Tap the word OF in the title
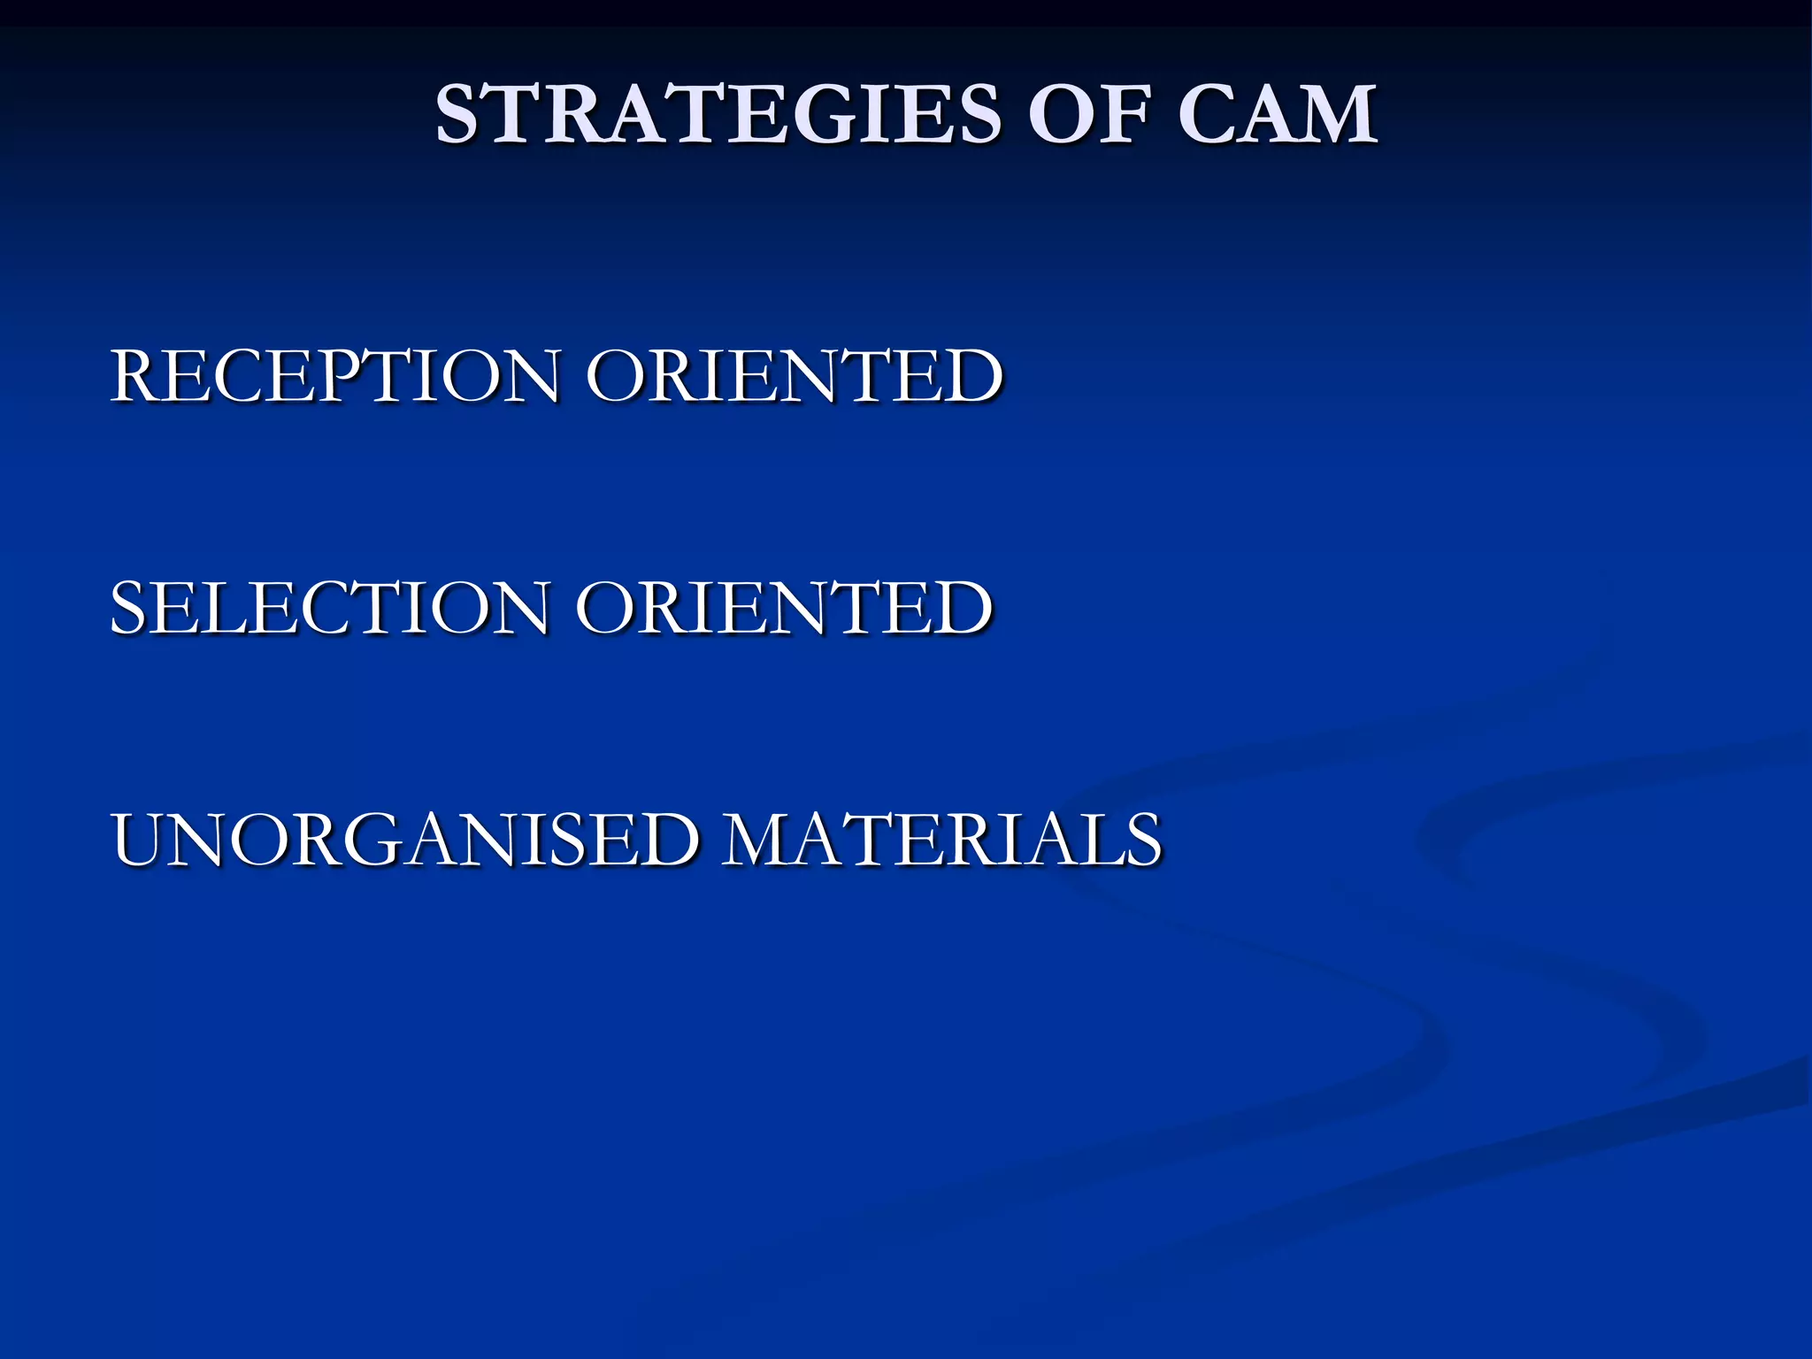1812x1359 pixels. pos(1088,115)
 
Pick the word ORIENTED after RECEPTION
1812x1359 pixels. pos(794,376)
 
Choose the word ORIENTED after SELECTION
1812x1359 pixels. pos(784,608)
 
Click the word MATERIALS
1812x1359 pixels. pos(941,840)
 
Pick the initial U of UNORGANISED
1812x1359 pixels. pos(143,840)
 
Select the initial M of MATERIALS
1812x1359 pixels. pos(761,840)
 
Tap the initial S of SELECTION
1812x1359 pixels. pos(129,608)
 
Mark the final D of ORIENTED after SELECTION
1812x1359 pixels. pos(964,608)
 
